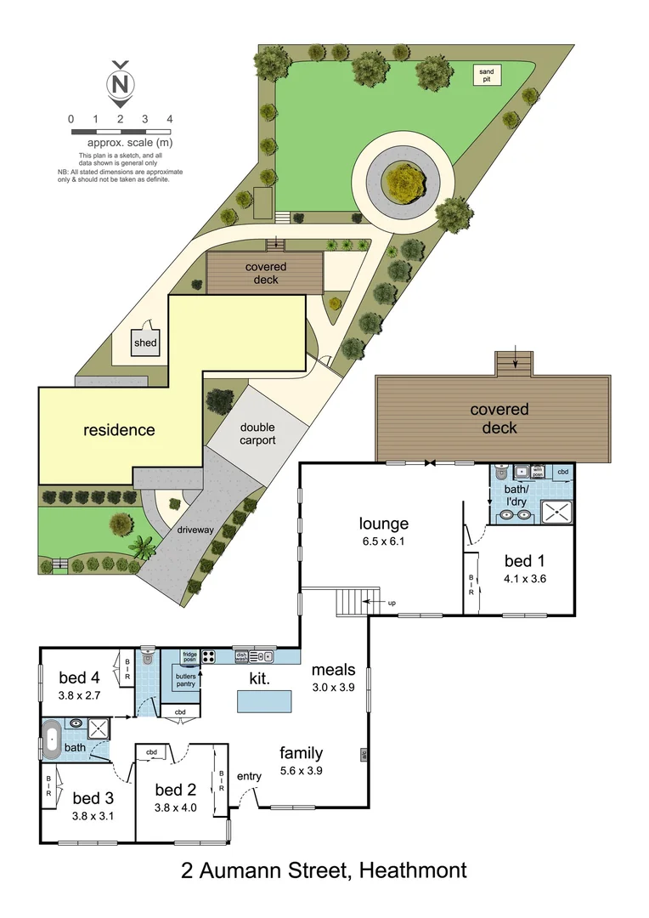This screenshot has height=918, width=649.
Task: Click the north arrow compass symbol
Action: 121,82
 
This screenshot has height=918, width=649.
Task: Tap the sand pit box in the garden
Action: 486,75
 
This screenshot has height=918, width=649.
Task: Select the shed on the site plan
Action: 145,343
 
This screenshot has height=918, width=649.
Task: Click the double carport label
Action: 257,433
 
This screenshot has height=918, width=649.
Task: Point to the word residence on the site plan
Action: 119,430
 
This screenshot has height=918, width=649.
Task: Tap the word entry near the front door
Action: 250,776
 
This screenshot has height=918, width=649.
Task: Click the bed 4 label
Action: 79,677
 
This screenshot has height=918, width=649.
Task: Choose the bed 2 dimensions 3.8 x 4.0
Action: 176,807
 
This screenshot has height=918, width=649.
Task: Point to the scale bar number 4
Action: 171,119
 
